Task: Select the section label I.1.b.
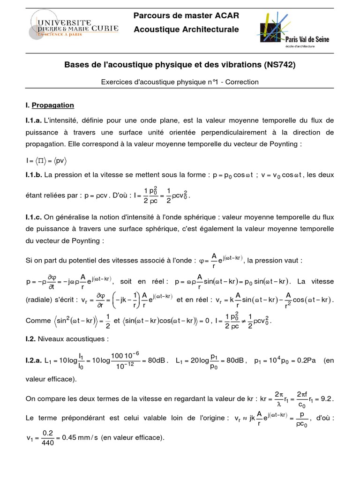35,175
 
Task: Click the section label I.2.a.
35,360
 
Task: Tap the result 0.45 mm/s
81,438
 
